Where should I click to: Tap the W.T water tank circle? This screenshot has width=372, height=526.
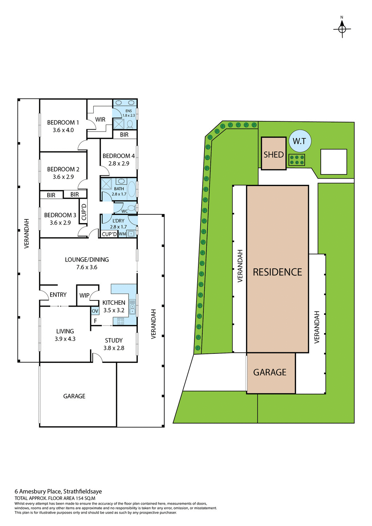click(300, 141)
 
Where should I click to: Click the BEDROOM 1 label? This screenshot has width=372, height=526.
click(63, 122)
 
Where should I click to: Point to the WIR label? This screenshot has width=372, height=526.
click(100, 120)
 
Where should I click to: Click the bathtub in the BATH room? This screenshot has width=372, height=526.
click(132, 189)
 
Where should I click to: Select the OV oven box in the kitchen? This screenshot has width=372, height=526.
click(95, 311)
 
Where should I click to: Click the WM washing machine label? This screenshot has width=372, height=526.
click(122, 234)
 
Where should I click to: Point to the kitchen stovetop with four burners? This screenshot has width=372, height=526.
click(121, 321)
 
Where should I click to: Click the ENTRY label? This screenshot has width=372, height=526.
click(58, 295)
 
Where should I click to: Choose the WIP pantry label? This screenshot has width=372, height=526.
click(84, 295)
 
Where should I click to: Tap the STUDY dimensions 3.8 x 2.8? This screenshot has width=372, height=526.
click(114, 348)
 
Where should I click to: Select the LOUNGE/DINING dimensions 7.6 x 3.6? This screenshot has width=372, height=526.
click(87, 267)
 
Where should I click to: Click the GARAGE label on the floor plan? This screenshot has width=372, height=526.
click(74, 396)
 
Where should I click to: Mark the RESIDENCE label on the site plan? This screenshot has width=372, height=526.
click(277, 272)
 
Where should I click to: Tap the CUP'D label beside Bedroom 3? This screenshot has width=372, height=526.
click(84, 212)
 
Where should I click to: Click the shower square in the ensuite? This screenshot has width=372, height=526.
click(118, 124)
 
